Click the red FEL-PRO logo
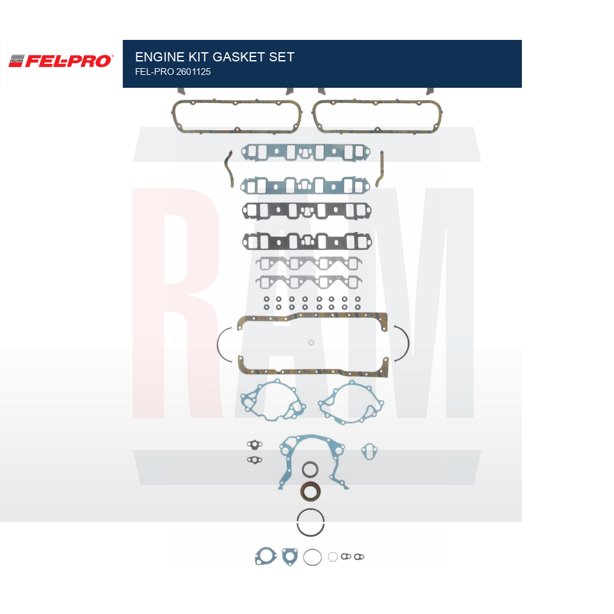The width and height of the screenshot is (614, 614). [61, 61]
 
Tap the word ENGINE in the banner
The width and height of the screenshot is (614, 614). [160, 57]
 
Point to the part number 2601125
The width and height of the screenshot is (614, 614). [193, 72]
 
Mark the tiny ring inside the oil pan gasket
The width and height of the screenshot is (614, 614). [311, 343]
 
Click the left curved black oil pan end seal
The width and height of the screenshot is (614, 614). [218, 344]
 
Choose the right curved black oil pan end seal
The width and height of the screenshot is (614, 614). [408, 344]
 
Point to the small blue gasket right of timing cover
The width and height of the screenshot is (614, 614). [369, 451]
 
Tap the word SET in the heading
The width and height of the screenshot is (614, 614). [282, 57]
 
